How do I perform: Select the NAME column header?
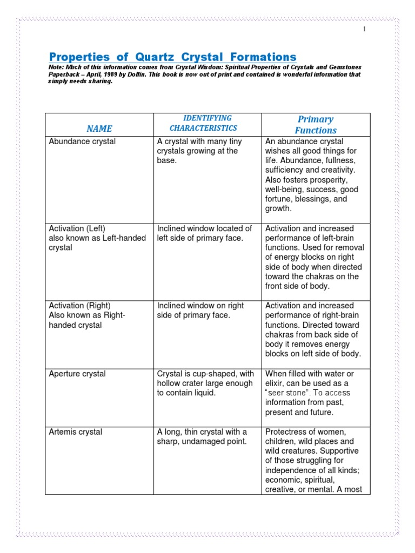[99, 129]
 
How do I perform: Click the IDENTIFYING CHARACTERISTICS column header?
[203, 123]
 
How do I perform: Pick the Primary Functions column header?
[316, 125]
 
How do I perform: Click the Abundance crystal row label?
[82, 141]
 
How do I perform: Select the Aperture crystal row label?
[77, 374]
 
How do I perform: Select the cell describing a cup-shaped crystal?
[205, 383]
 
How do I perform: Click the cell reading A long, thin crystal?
[202, 437]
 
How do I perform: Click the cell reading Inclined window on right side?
[200, 311]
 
